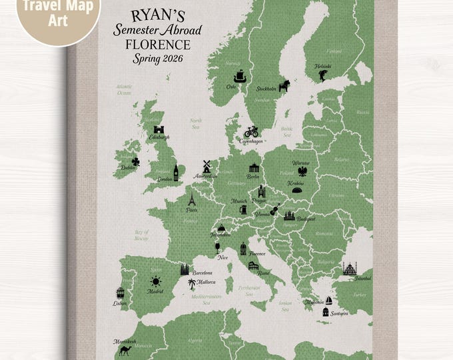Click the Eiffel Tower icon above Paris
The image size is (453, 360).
[191, 199]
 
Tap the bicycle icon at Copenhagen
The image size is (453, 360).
[251, 131]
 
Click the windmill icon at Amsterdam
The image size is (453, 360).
[207, 166]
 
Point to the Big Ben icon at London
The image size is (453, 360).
[177, 172]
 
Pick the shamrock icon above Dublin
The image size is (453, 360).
[136, 161]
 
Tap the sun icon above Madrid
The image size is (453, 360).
[156, 281]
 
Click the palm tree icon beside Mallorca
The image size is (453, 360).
[191, 284]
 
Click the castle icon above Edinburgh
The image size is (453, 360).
[159, 129]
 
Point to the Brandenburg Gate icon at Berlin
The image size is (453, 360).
[253, 168]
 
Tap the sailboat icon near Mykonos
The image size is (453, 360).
[328, 301]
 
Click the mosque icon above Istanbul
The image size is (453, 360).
[349, 269]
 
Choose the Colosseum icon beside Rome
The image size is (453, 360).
[253, 267]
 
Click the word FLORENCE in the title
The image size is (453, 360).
[151, 45]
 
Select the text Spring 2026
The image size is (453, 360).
[151, 59]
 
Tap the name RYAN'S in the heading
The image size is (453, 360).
[151, 15]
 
